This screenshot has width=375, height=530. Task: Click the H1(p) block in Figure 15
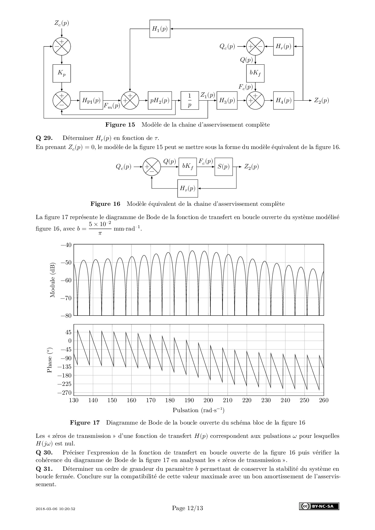[x=160, y=29]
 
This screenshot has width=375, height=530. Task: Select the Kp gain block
[x=62, y=73]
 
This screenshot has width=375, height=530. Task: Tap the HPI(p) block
[x=91, y=100]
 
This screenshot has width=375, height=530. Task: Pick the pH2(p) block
[x=160, y=100]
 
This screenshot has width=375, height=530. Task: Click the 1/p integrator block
[x=190, y=100]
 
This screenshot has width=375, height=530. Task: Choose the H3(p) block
[x=227, y=100]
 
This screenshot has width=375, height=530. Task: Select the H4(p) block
[x=283, y=100]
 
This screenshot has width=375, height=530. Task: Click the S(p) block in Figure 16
[x=223, y=166]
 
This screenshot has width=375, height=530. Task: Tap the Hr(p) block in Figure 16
[x=187, y=188]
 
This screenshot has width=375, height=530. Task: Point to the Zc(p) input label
[x=62, y=23]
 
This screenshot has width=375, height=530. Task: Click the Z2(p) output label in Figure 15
[x=321, y=100]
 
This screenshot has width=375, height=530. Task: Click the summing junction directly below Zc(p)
[x=62, y=47]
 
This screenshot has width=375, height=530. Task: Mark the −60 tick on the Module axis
[x=66, y=280]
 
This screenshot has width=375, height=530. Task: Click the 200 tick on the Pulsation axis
[x=208, y=400]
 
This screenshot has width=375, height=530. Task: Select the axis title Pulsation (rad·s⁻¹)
[x=198, y=410]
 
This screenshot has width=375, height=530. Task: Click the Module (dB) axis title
[x=53, y=280]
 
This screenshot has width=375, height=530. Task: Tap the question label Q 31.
[x=44, y=469]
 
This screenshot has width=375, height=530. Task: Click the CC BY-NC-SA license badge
[x=319, y=506]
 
